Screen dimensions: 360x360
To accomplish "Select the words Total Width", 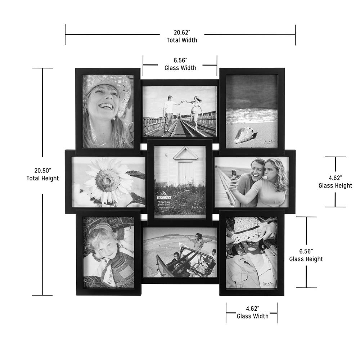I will (x=182, y=40).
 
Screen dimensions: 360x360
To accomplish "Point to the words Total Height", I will (x=42, y=178).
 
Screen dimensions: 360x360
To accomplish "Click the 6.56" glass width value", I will (x=180, y=60).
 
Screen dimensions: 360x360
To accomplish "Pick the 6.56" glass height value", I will (x=306, y=251).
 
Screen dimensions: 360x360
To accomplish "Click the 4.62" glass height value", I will (x=335, y=177).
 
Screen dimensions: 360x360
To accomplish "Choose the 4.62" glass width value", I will (x=252, y=308).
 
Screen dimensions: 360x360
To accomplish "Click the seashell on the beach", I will (x=245, y=135).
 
